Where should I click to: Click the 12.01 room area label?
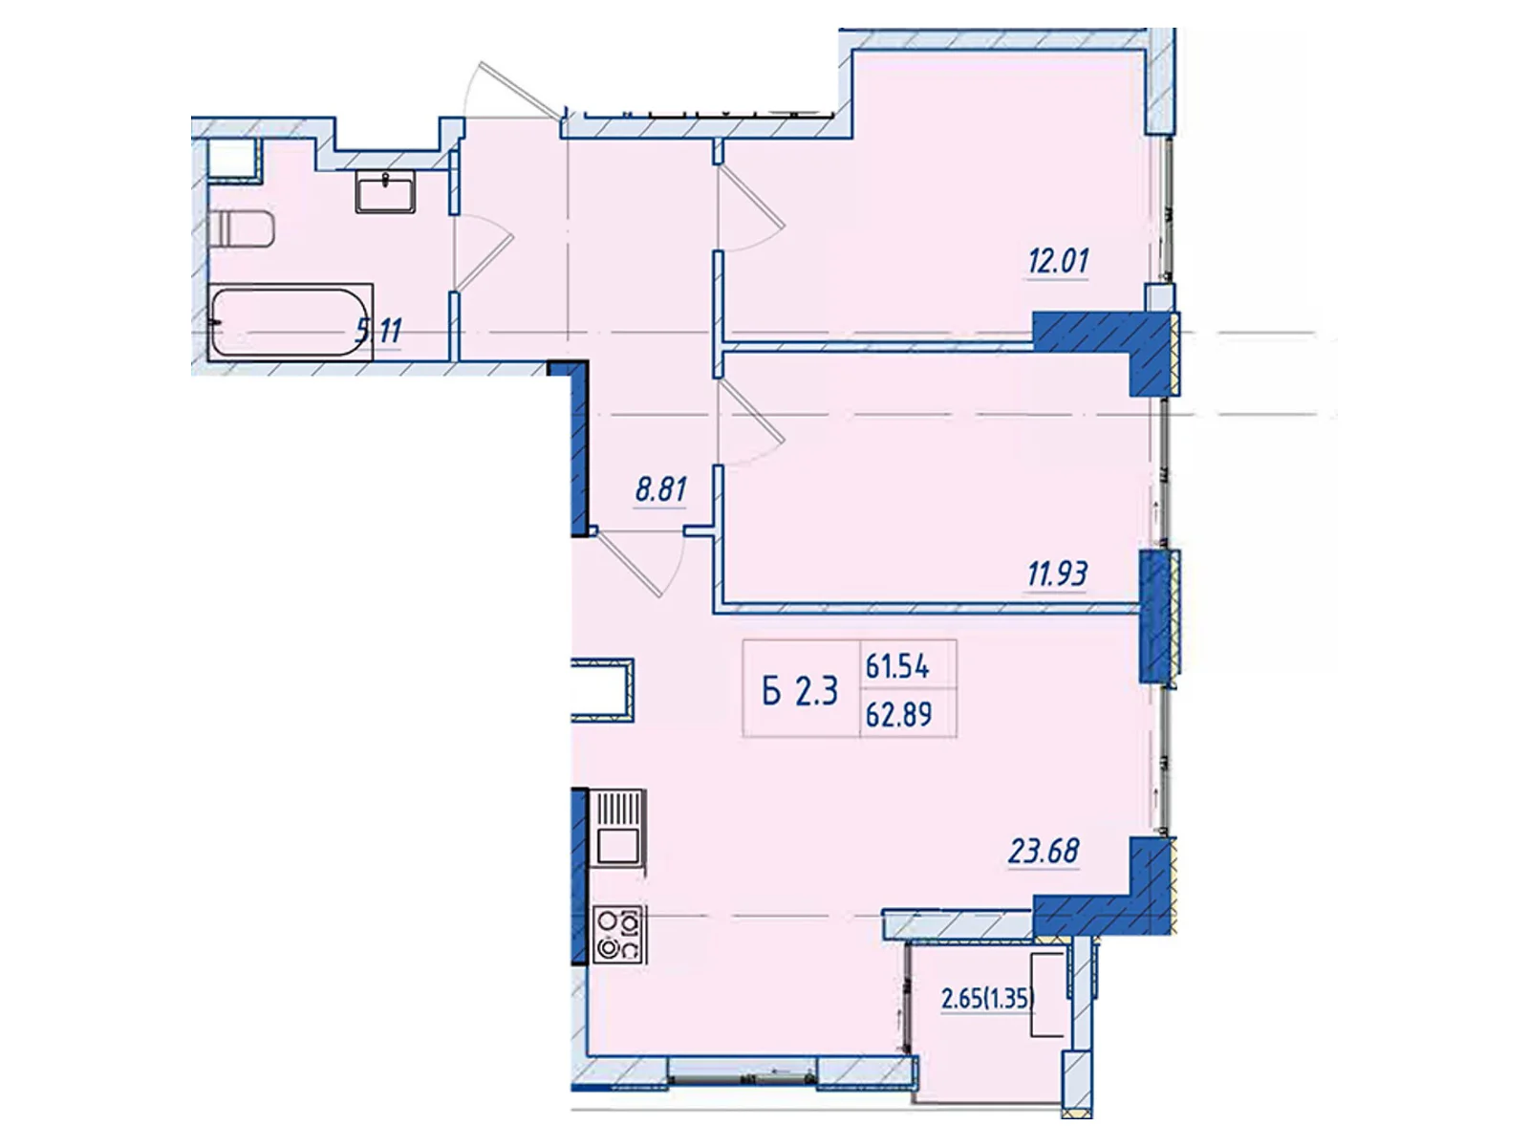(1058, 261)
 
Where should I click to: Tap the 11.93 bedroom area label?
(1057, 574)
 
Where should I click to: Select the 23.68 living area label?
(1044, 851)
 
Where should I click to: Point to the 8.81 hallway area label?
(660, 489)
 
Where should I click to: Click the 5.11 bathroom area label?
(379, 331)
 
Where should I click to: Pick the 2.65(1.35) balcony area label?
(988, 1000)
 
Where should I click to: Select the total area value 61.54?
(897, 667)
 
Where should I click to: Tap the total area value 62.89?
(898, 715)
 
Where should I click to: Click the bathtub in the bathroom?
(291, 322)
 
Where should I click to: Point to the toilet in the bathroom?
(240, 228)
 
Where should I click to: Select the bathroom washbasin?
(386, 191)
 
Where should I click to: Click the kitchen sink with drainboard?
(618, 828)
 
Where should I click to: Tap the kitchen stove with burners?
(619, 935)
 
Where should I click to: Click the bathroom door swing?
(484, 252)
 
